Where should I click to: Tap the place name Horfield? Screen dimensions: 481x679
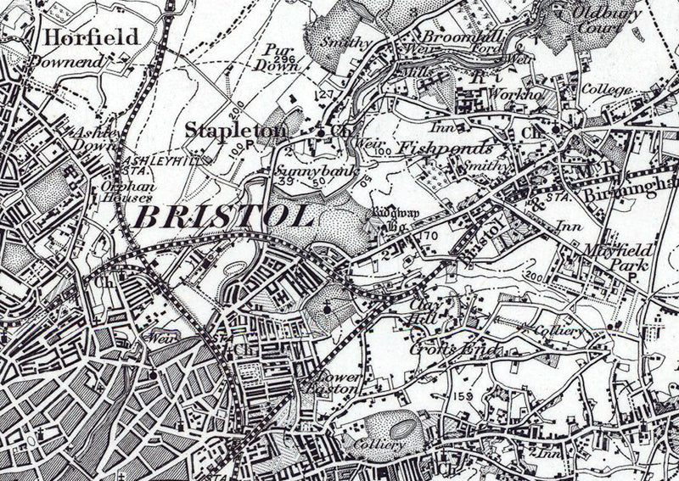click(78, 36)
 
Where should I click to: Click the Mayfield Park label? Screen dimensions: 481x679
click(615, 257)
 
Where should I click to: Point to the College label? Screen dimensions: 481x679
click(605, 90)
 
